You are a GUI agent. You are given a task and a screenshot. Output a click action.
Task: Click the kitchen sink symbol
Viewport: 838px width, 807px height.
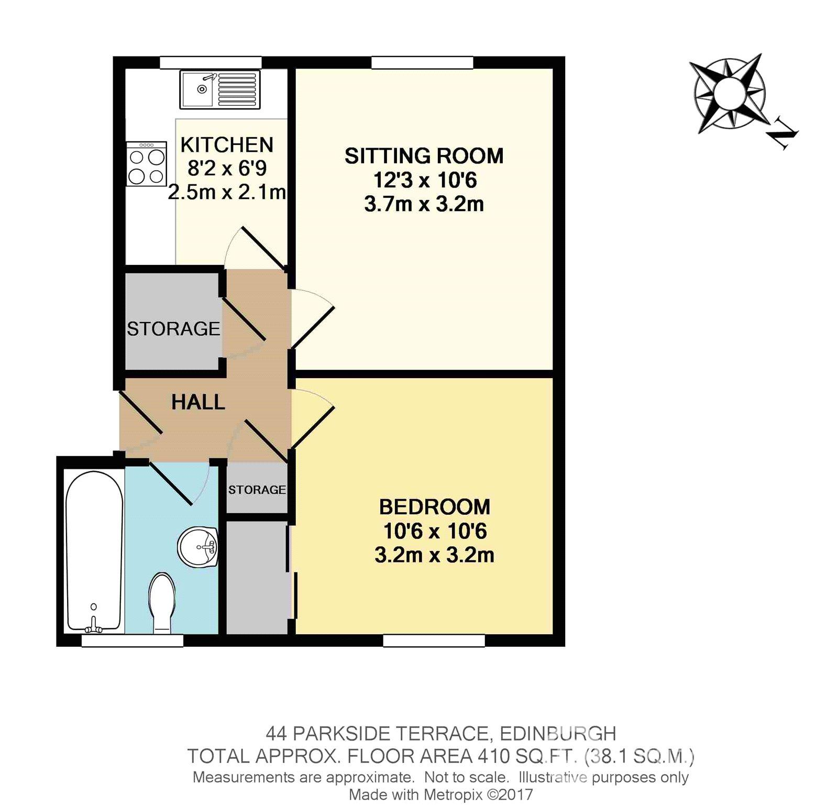pyautogui.click(x=219, y=90)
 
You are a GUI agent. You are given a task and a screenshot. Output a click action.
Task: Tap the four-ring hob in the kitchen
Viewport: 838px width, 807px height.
pyautogui.click(x=147, y=164)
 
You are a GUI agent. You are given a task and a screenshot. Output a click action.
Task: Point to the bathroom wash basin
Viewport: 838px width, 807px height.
pyautogui.click(x=198, y=547)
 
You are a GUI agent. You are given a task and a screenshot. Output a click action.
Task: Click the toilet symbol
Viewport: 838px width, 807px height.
pyautogui.click(x=162, y=603)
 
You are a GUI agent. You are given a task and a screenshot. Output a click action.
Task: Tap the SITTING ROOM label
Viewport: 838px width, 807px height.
pyautogui.click(x=423, y=156)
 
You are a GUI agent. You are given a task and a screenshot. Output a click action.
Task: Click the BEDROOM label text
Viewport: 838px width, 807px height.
pyautogui.click(x=434, y=507)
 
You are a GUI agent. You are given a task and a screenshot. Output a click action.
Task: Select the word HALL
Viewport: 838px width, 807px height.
pyautogui.click(x=198, y=402)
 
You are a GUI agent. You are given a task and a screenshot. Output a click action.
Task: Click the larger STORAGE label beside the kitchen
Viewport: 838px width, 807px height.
pyautogui.click(x=173, y=329)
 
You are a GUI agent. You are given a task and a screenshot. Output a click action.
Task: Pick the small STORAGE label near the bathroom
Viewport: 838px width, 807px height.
pyautogui.click(x=257, y=490)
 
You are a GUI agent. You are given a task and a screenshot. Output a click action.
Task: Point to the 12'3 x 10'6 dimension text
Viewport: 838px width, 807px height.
pyautogui.click(x=424, y=181)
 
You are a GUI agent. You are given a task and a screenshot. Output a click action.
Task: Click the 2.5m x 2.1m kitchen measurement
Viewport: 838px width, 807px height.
pyautogui.click(x=227, y=192)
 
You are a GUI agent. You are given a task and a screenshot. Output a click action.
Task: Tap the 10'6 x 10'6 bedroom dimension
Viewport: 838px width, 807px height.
pyautogui.click(x=435, y=531)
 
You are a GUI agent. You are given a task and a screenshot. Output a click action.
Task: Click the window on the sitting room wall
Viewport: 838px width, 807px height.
pyautogui.click(x=422, y=62)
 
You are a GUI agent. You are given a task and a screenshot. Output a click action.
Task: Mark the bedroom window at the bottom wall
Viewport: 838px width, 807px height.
pyautogui.click(x=434, y=640)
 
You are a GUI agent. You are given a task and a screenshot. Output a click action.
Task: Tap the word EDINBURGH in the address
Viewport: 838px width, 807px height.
pyautogui.click(x=558, y=733)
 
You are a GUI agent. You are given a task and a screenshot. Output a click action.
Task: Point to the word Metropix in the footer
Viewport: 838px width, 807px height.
pyautogui.click(x=449, y=794)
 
